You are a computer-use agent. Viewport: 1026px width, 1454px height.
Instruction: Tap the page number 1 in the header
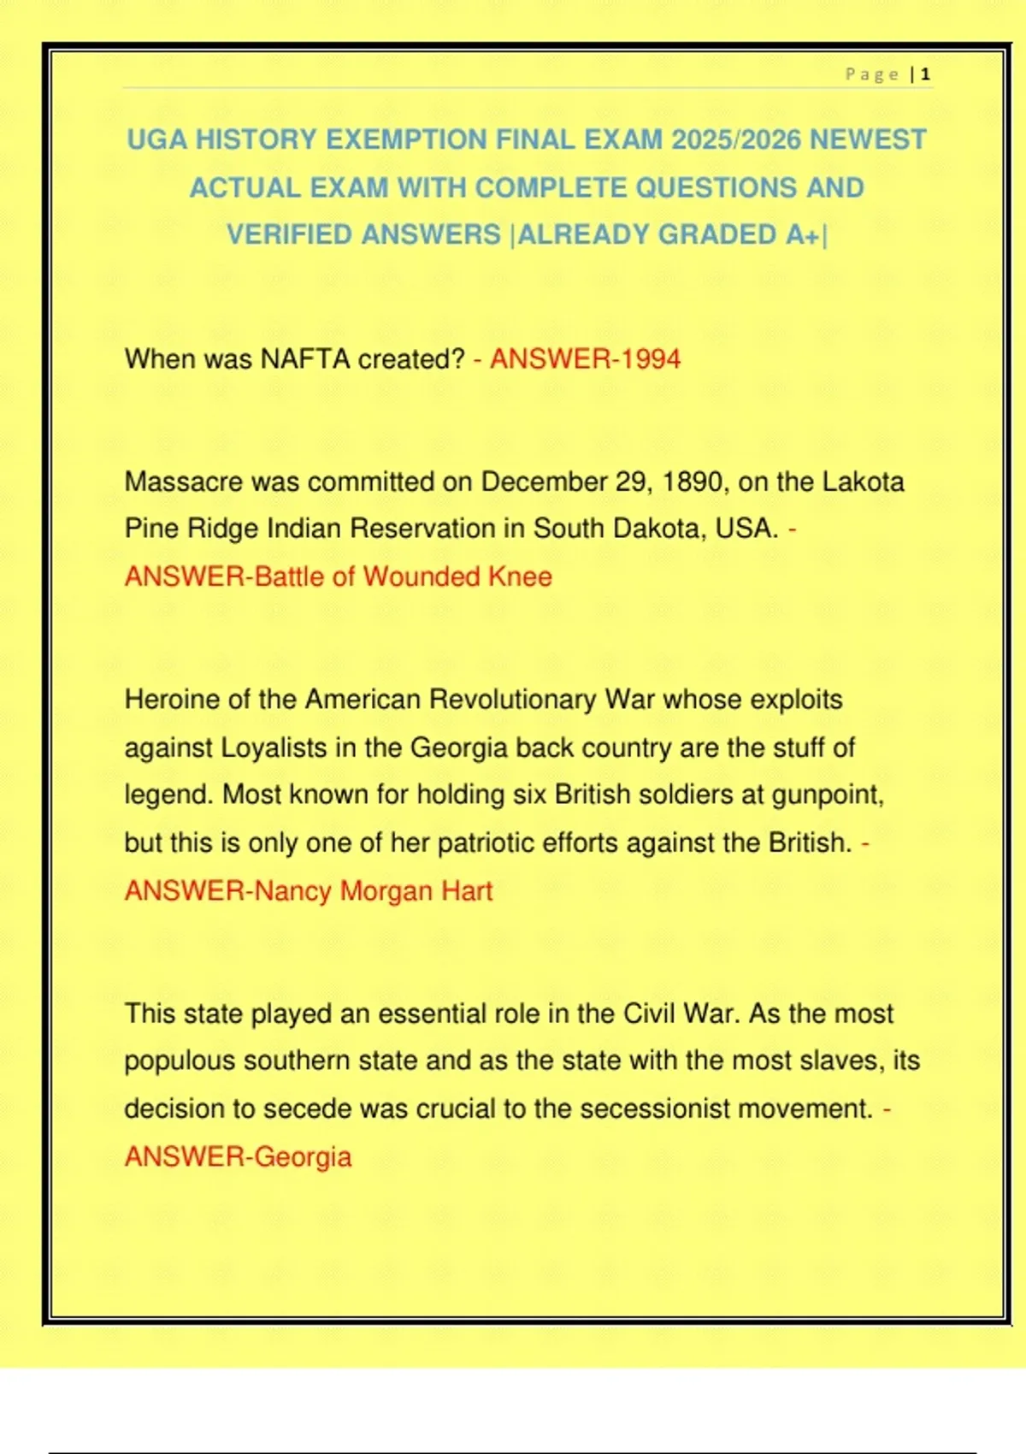(x=926, y=74)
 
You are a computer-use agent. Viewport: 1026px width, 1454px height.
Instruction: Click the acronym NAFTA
(x=305, y=359)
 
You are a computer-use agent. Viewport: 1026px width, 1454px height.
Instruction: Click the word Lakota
(x=863, y=482)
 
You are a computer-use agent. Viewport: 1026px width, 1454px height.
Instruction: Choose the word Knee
(x=520, y=576)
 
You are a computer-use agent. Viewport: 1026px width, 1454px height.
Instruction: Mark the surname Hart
(x=467, y=890)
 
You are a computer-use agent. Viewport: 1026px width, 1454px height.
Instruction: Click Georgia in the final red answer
(x=303, y=1156)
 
